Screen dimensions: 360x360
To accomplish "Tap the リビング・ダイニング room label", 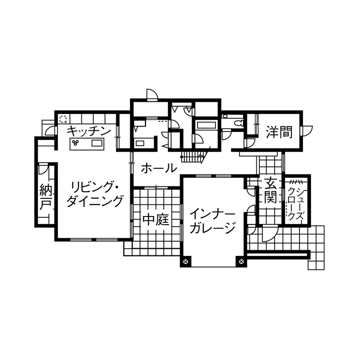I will pyautogui.click(x=95, y=194).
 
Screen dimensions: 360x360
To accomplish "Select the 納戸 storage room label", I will pyautogui.click(x=45, y=196).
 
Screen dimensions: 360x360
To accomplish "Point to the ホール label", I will pyautogui.click(x=158, y=168).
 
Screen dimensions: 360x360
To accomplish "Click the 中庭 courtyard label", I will pyautogui.click(x=155, y=220).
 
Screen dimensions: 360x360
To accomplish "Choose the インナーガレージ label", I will pyautogui.click(x=212, y=220).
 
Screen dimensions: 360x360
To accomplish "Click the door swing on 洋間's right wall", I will pyautogui.click(x=308, y=130).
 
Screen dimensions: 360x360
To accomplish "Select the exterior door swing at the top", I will pyautogui.click(x=152, y=94).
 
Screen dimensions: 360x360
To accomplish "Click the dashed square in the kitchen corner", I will pyautogui.click(x=63, y=118).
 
